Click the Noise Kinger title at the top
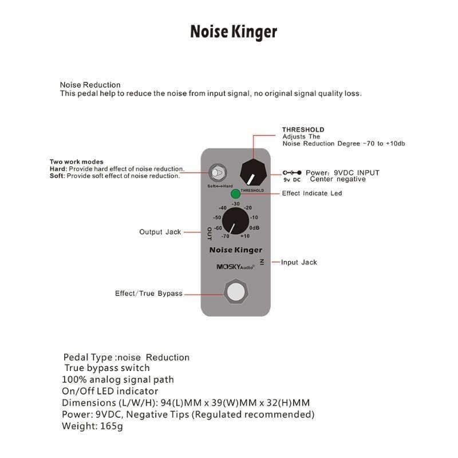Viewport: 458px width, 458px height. tap(234, 31)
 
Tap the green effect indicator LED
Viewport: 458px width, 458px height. tap(235, 194)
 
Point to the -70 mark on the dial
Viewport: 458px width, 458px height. tap(224, 236)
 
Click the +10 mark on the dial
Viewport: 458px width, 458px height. tap(245, 236)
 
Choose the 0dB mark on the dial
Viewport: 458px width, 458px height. tap(255, 227)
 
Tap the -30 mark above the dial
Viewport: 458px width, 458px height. tap(236, 204)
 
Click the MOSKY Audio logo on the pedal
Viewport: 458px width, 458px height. tap(231, 266)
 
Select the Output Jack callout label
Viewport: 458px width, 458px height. tap(160, 232)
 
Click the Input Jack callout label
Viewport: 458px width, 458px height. tap(299, 262)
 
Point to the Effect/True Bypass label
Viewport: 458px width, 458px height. tap(149, 293)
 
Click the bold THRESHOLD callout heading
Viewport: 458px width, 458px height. tap(303, 130)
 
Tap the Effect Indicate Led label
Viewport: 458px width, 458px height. tap(312, 194)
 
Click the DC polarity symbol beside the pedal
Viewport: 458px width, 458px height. tap(292, 172)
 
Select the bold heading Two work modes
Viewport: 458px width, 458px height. tap(77, 162)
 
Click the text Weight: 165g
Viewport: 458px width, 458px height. tap(93, 426)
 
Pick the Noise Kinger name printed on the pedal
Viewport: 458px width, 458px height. tap(236, 250)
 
